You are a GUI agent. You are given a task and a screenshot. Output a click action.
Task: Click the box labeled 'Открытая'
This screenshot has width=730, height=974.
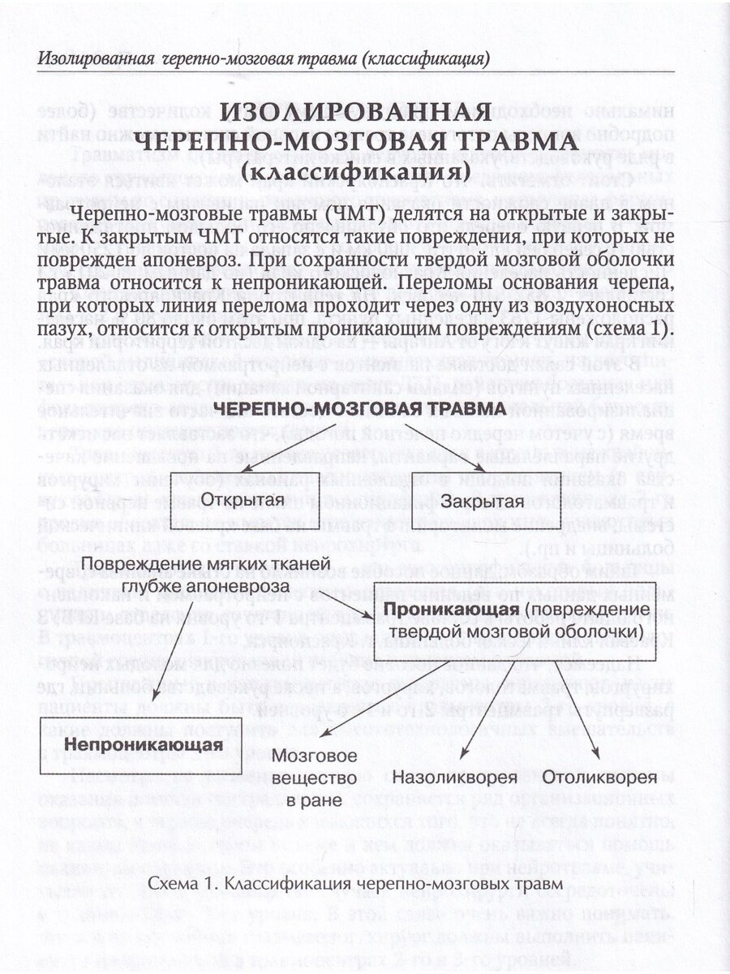243,498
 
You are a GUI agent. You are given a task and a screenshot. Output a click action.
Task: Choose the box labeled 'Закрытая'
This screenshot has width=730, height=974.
482,499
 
